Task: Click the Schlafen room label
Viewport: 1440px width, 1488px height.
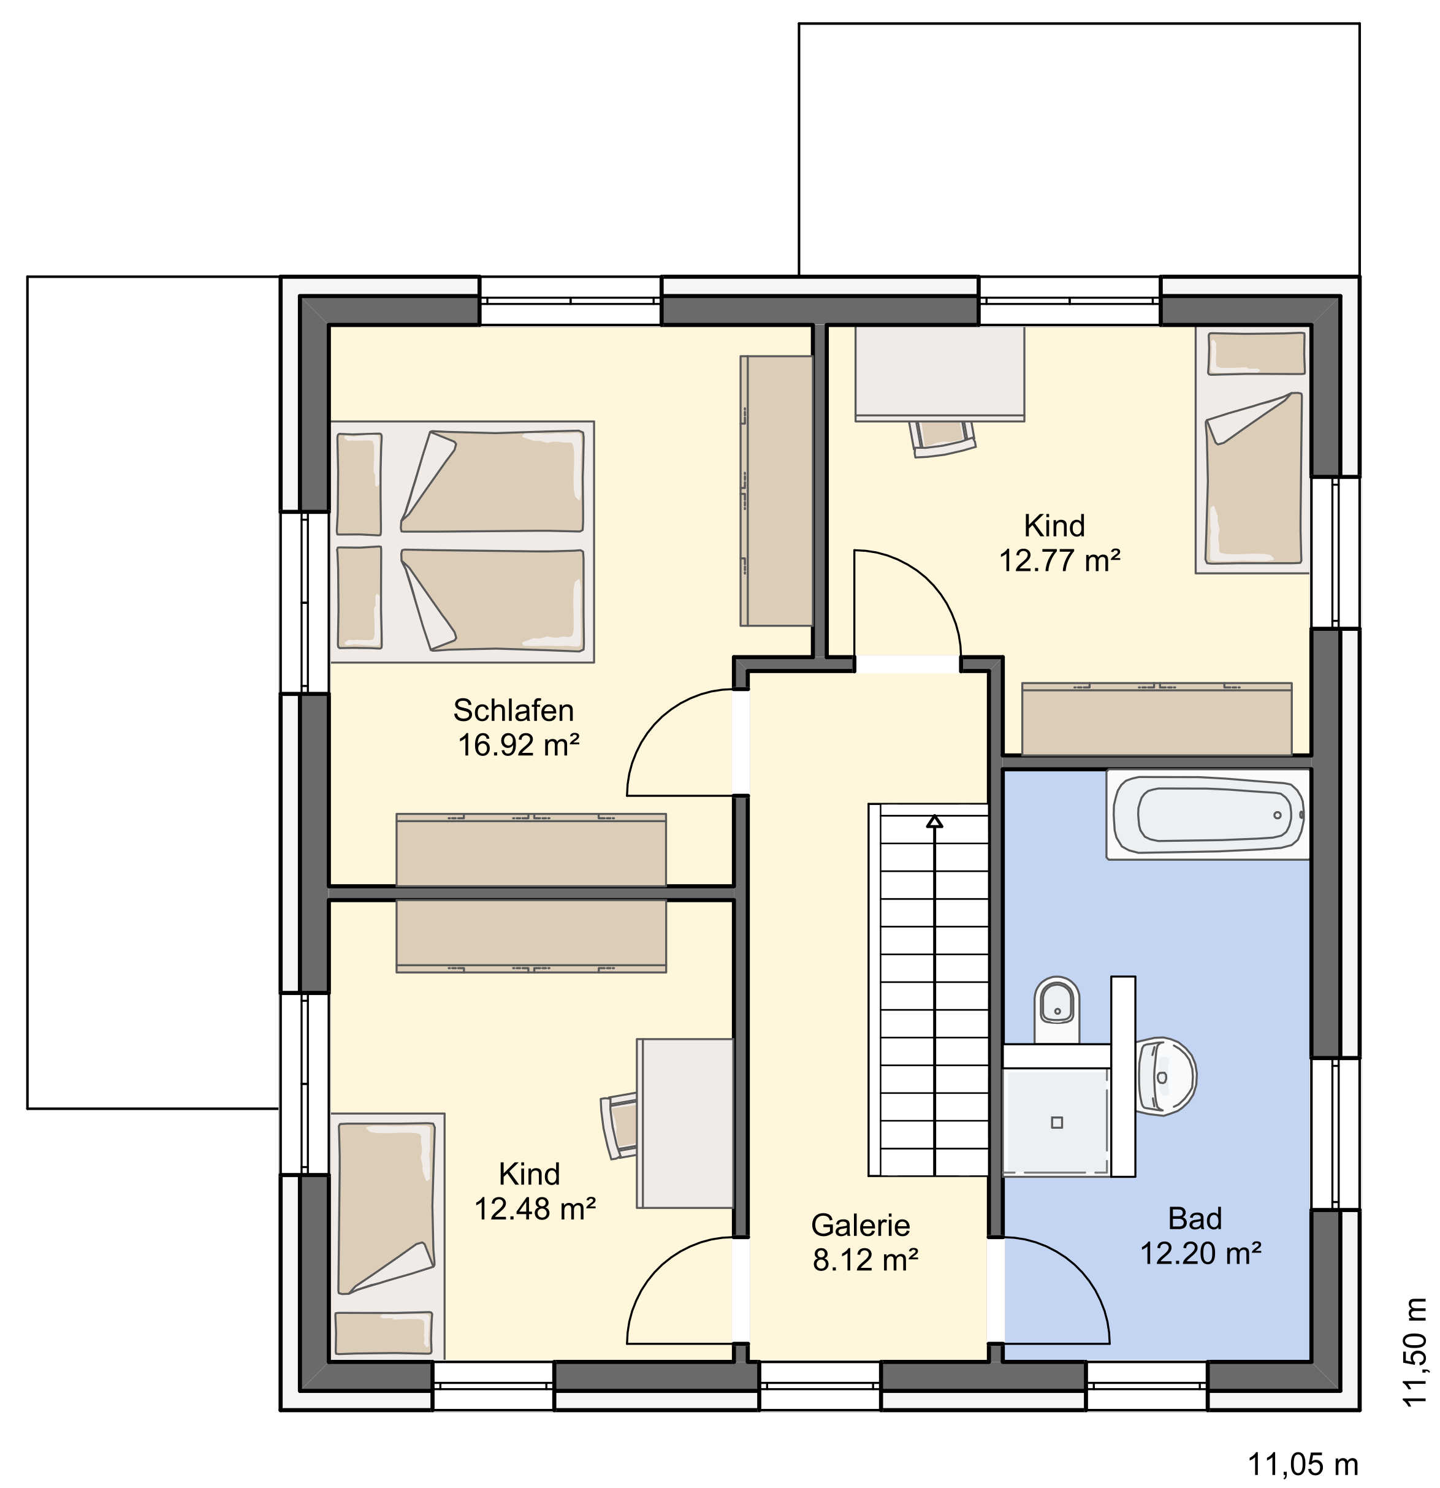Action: (x=513, y=711)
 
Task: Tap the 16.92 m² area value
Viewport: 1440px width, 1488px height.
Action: (x=519, y=746)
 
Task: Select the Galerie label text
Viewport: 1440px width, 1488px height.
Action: (x=860, y=1226)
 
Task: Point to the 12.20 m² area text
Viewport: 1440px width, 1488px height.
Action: (x=1201, y=1253)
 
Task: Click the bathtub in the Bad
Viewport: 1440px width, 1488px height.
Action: (x=1208, y=815)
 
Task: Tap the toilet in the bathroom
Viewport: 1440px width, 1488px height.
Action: (x=1057, y=1009)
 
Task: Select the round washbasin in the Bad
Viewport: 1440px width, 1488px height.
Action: (x=1166, y=1077)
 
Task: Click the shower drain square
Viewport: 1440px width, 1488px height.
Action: (x=1057, y=1122)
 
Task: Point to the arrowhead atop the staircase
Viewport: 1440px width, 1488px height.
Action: (x=934, y=822)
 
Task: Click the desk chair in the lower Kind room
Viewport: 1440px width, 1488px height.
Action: (x=619, y=1127)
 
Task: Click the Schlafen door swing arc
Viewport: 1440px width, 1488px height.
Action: (x=659, y=720)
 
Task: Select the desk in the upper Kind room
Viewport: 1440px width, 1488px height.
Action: (x=940, y=373)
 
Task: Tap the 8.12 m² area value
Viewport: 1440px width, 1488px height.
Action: (x=866, y=1261)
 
